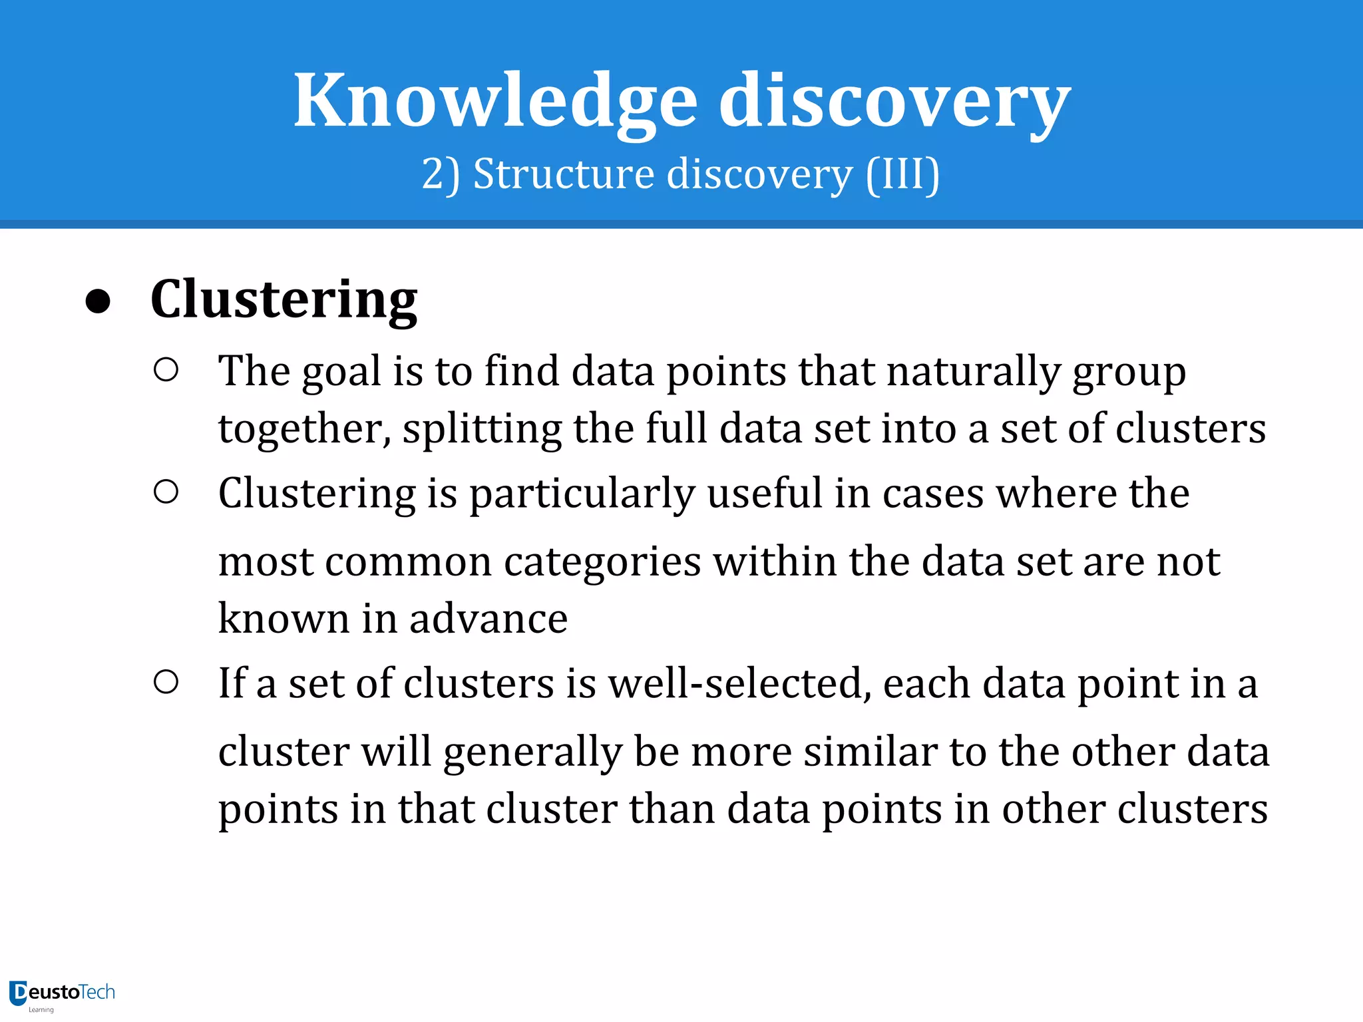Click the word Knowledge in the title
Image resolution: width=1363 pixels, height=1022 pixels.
[x=495, y=101]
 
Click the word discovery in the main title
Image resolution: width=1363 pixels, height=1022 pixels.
[x=894, y=101]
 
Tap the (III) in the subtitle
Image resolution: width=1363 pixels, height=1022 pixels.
[x=902, y=174]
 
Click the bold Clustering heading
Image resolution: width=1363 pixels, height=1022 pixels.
[x=284, y=299]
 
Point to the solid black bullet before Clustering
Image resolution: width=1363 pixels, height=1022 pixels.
[x=98, y=301]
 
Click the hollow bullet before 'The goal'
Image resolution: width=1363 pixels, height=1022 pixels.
[x=166, y=370]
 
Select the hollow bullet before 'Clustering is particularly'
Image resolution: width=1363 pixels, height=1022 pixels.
[x=166, y=492]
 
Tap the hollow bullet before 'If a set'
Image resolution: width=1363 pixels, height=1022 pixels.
[x=166, y=682]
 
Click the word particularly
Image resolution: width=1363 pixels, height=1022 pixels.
[x=582, y=494]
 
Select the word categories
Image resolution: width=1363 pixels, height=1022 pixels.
[x=602, y=562]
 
